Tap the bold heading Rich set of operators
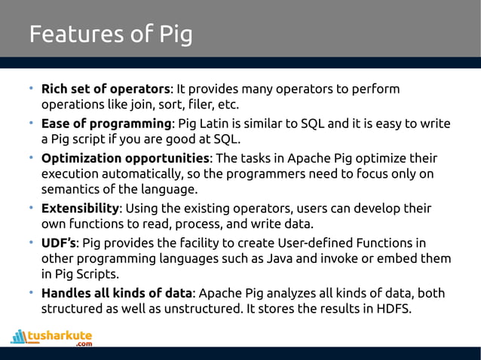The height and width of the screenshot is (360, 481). coord(106,90)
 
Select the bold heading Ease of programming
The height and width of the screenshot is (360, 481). coord(106,124)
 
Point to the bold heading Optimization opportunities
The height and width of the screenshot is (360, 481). coord(125,158)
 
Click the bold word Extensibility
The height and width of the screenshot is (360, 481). coord(80,208)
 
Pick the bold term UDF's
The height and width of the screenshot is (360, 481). coord(59,243)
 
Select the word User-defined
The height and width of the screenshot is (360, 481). coord(338,243)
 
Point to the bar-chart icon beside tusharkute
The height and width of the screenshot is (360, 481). coord(19,336)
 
